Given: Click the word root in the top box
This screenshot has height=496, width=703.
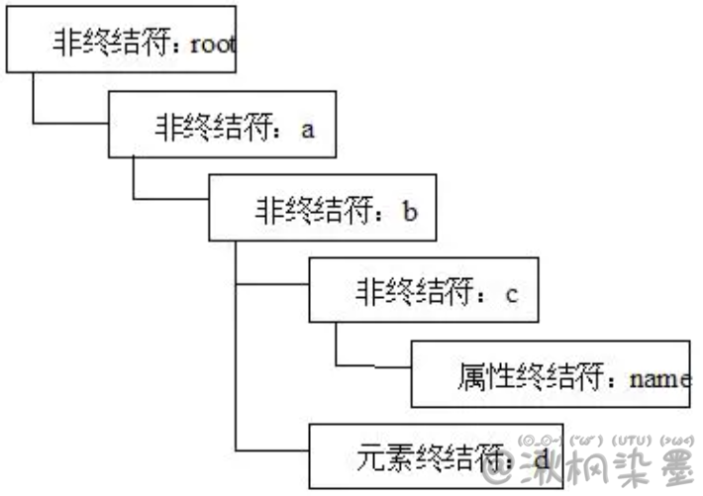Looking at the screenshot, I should click(214, 46).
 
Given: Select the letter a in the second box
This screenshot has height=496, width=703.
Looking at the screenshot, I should click(307, 130).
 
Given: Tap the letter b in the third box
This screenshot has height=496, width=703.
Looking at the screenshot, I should click(409, 211).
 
